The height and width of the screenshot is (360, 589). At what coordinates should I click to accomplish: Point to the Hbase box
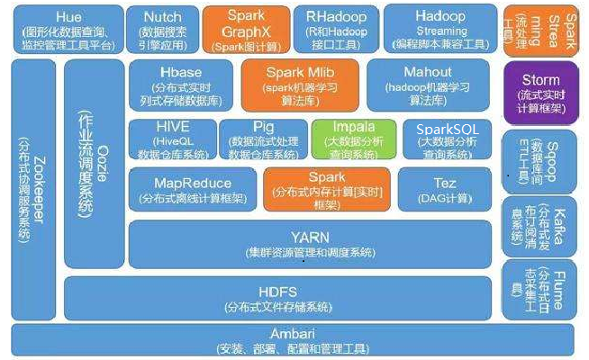[185, 86]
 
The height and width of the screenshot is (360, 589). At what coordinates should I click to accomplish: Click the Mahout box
[428, 86]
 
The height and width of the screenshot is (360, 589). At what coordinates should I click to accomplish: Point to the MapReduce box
[194, 189]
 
